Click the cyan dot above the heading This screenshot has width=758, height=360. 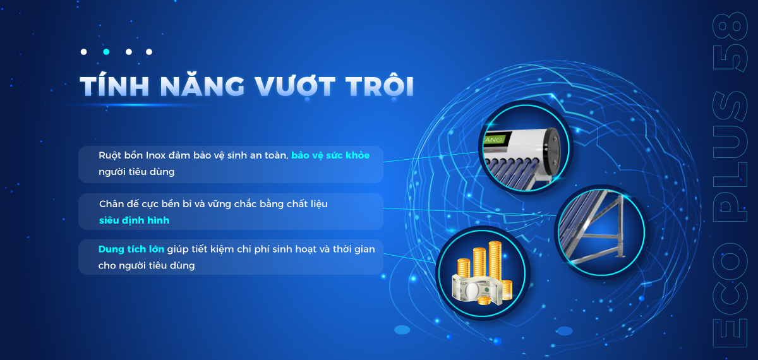106,52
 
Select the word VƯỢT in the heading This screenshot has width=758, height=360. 295,86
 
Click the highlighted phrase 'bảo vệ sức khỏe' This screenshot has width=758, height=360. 330,155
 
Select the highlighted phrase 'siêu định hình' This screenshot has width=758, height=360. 134,220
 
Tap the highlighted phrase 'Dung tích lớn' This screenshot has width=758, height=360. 131,249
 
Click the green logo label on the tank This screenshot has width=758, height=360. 494,140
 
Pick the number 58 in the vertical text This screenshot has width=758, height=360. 730,42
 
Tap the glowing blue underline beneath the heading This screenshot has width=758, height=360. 135,105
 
